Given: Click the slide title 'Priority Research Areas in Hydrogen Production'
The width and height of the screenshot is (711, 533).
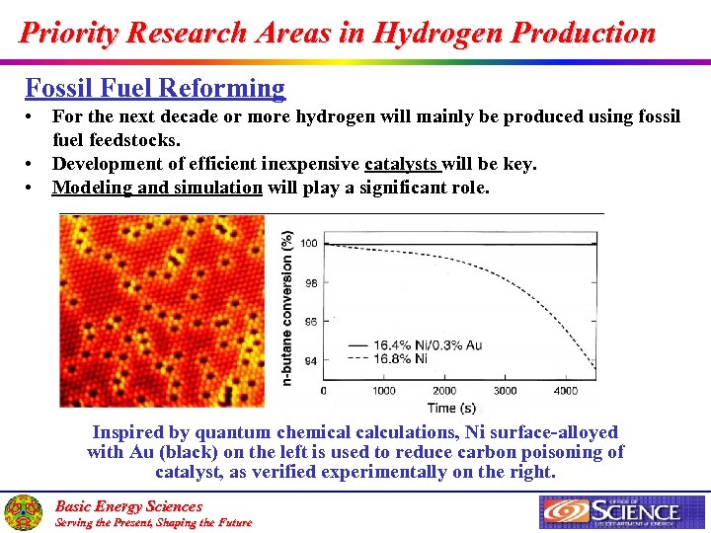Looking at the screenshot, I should [338, 33].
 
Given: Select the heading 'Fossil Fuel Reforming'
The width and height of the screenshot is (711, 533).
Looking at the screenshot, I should [155, 88].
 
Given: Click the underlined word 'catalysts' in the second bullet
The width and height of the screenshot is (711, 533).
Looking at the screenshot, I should [403, 164].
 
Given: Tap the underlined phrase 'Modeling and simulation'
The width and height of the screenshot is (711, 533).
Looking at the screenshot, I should [157, 188].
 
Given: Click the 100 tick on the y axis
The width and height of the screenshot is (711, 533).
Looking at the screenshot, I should [309, 244].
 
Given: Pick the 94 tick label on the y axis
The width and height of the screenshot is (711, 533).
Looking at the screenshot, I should [310, 361].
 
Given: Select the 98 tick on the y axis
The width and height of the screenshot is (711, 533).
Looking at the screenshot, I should [310, 283].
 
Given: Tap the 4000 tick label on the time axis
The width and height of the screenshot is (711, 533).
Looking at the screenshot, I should [566, 391].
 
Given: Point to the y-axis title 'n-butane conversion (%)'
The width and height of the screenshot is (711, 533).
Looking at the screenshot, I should [287, 308].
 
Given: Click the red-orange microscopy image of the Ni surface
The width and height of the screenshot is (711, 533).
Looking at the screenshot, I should [162, 311].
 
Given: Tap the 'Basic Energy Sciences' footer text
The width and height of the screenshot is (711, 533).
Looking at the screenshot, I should [127, 506].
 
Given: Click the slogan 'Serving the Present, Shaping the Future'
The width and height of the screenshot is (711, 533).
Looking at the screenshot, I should [153, 522].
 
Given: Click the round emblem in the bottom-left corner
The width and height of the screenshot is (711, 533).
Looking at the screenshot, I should [23, 512].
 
